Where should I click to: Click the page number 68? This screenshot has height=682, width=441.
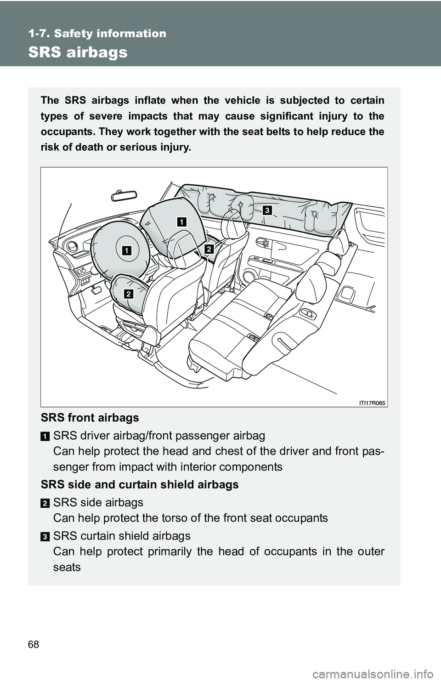(34, 644)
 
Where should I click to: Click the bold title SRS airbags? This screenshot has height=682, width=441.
(78, 52)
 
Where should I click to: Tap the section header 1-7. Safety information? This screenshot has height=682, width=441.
(97, 33)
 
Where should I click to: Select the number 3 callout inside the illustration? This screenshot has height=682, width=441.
(267, 210)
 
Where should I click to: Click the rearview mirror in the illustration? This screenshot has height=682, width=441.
(124, 195)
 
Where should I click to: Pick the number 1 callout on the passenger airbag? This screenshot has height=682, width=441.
(182, 222)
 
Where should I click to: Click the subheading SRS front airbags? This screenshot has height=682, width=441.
(90, 418)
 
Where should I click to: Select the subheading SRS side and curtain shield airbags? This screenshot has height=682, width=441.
(140, 484)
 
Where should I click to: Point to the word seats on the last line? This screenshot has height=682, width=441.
(67, 567)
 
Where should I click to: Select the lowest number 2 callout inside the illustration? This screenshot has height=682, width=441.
(128, 294)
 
